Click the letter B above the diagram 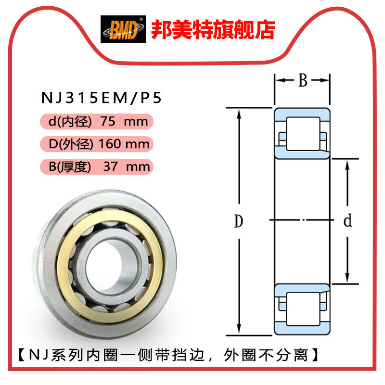302,80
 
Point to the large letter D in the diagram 238,222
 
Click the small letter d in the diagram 347,221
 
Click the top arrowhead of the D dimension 239,112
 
